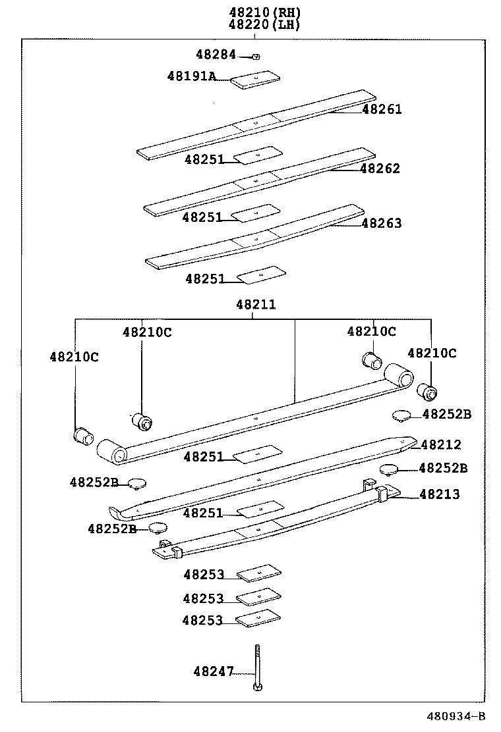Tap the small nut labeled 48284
pos(256,57)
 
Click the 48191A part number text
pos(191,76)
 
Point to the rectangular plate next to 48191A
pos(254,80)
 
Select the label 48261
pos(381,110)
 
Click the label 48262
pos(380,169)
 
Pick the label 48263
pos(381,223)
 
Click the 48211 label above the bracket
pos(256,305)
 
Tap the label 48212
pos(441,445)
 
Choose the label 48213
pos(440,494)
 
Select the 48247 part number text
pos(214,671)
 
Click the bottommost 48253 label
pos(203,620)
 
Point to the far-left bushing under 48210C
pos(83,435)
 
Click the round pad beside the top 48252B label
pos(401,415)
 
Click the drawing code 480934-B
pos(455,716)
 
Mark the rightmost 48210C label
pos(432,353)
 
